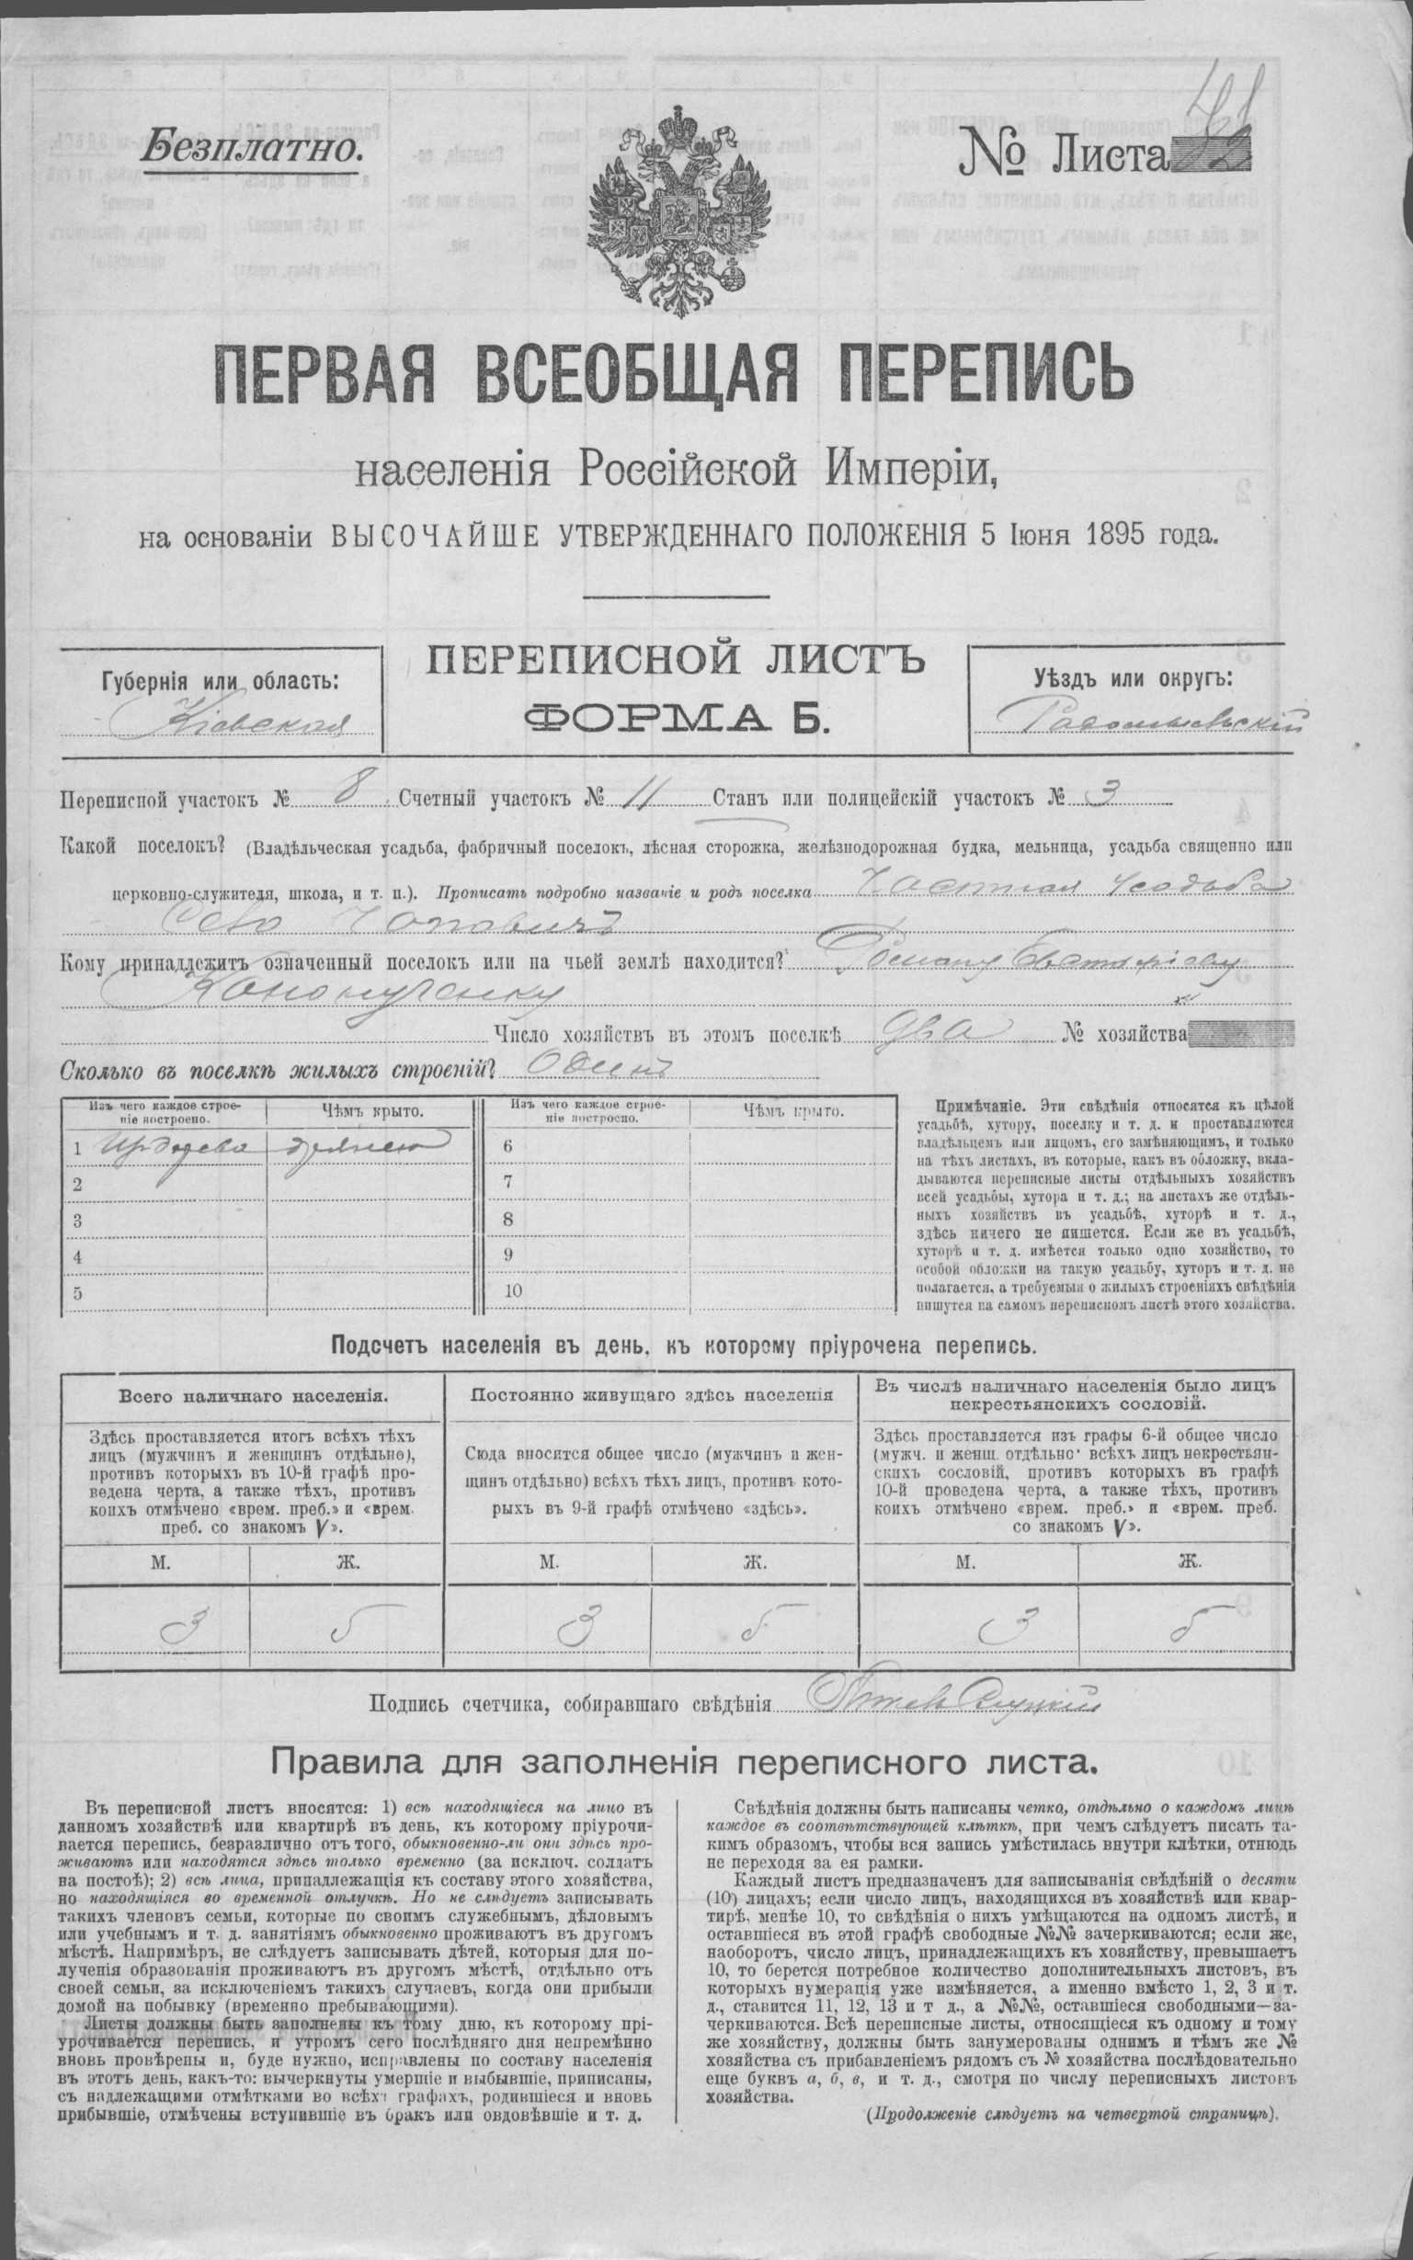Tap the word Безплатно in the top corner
pyautogui.click(x=250, y=146)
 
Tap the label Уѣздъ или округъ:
pyautogui.click(x=1133, y=677)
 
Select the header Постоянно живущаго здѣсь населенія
pyautogui.click(x=653, y=1396)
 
